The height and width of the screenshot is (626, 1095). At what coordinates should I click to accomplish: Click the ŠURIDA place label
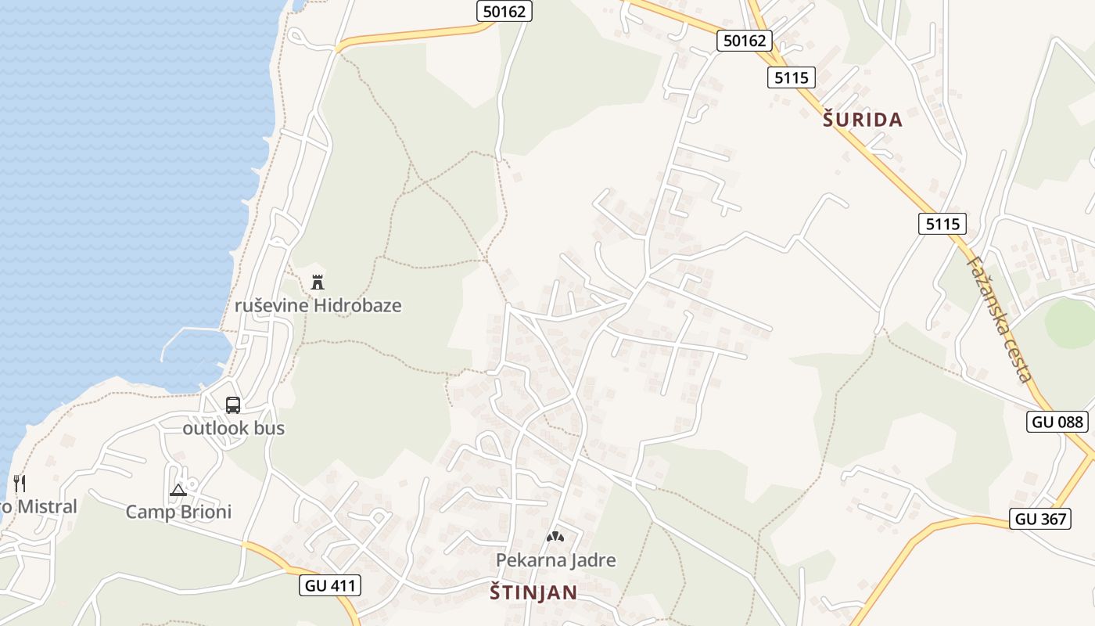click(863, 120)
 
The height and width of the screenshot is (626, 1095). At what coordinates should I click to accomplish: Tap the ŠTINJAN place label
click(533, 592)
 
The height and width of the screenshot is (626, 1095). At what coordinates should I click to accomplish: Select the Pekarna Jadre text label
click(555, 560)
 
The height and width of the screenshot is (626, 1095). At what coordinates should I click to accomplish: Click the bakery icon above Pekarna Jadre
click(555, 538)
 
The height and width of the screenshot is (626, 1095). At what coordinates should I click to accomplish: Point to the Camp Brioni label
click(178, 512)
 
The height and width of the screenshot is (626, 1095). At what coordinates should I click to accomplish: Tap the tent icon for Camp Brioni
click(178, 491)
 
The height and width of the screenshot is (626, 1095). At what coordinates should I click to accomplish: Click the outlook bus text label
click(233, 428)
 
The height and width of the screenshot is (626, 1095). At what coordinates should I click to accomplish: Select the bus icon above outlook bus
click(233, 405)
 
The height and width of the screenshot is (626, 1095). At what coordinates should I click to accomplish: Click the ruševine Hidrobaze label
click(318, 305)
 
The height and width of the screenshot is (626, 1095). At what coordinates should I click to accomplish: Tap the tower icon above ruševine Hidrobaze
click(318, 282)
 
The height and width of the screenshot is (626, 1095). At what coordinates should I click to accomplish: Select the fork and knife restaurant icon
click(20, 484)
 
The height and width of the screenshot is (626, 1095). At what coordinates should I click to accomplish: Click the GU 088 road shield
click(1057, 422)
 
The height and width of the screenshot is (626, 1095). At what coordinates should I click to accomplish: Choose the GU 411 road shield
click(329, 585)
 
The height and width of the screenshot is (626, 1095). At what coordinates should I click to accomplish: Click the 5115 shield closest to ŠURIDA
click(792, 77)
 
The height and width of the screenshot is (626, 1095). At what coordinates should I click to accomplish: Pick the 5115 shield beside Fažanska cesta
click(942, 225)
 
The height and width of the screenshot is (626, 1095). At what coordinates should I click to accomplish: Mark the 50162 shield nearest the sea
click(504, 11)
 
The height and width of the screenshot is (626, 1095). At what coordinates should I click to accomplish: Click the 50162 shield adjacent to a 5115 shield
click(744, 40)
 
